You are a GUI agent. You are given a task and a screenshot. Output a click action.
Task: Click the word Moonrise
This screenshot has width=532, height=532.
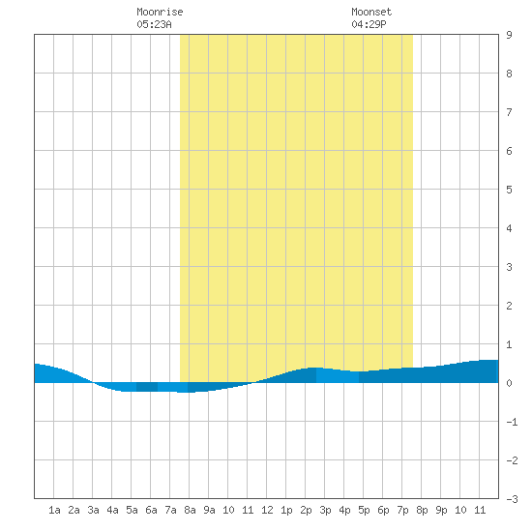(x=160, y=12)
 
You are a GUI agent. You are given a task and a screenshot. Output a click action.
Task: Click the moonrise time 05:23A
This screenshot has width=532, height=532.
(x=155, y=24)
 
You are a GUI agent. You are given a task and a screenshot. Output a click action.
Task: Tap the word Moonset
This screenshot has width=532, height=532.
(x=371, y=12)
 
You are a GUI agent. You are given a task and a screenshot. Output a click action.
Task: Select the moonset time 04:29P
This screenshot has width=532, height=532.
(x=369, y=24)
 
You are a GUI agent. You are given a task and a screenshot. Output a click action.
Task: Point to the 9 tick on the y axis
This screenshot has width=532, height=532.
(x=509, y=35)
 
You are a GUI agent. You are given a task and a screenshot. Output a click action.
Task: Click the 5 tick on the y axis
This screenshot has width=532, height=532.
(x=509, y=190)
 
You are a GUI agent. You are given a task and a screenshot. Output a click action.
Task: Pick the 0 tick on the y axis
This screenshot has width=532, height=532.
(x=509, y=383)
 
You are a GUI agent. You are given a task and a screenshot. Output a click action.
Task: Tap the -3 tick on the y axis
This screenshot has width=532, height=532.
(x=512, y=499)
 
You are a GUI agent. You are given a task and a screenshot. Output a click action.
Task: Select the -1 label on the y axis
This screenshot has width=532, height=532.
(x=512, y=422)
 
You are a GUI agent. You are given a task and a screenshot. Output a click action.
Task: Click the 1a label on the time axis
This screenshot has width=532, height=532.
(x=54, y=510)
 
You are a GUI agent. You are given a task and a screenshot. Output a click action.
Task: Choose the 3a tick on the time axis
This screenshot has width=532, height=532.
(x=93, y=510)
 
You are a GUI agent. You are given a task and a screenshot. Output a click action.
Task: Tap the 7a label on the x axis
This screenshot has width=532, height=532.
(x=170, y=510)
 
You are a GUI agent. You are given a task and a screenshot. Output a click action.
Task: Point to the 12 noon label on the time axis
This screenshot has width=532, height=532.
(x=267, y=510)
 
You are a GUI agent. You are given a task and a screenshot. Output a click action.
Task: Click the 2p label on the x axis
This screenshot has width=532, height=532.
(x=306, y=510)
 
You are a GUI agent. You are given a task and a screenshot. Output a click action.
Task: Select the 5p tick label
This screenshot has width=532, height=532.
(x=364, y=510)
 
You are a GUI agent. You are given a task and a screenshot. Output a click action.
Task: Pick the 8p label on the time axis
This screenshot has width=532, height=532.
(x=422, y=510)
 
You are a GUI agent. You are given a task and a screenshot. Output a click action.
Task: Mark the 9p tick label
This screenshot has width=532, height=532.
(x=441, y=510)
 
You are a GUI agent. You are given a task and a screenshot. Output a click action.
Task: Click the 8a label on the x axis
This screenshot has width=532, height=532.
(x=190, y=510)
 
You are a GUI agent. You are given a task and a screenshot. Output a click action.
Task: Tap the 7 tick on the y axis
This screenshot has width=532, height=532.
(x=509, y=112)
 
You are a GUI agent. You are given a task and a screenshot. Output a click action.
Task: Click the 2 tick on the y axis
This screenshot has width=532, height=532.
(x=509, y=306)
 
